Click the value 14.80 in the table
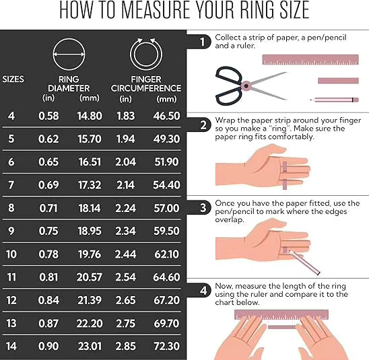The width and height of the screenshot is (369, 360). [89, 116]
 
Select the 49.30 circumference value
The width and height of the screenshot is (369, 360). [166, 139]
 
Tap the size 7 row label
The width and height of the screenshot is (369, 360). [11, 184]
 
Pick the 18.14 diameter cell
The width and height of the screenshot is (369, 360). [89, 209]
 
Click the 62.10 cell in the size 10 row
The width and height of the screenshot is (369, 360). [166, 255]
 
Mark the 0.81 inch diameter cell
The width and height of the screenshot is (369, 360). [48, 278]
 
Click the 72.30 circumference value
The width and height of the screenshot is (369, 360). [166, 346]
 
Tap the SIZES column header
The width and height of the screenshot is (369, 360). [13, 79]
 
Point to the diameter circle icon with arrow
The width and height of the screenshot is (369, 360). [69, 51]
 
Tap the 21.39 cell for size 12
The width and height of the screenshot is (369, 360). [89, 301]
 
